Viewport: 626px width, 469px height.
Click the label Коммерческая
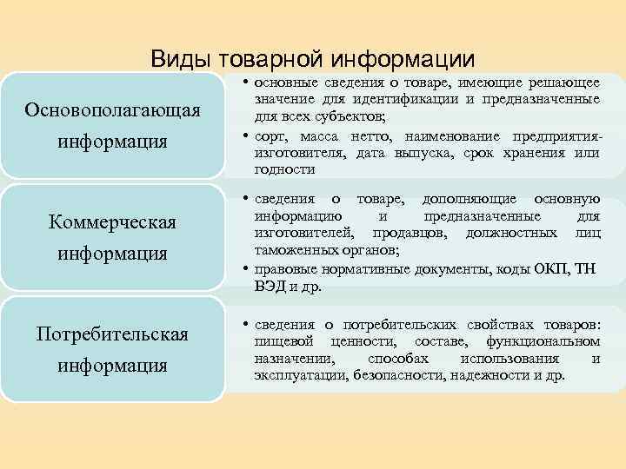113,223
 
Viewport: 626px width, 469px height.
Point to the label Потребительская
113,334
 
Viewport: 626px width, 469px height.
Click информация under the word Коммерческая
113,254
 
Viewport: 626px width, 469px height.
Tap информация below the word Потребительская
113,365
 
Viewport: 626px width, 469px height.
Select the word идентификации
409,98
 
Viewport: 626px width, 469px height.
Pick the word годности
283,169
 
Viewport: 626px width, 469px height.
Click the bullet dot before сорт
247,136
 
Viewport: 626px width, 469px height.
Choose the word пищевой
278,342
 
